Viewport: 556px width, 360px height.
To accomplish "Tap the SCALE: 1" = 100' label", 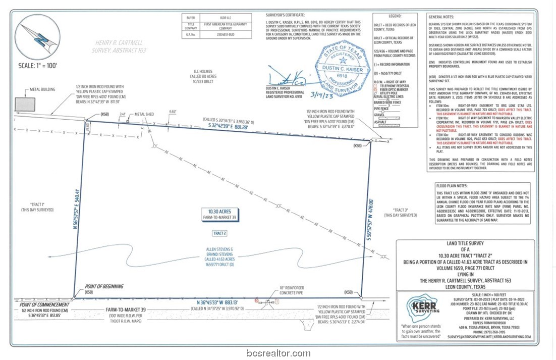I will point(37,66).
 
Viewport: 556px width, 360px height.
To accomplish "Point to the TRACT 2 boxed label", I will point(219,233).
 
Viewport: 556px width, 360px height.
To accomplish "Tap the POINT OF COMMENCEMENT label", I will point(44,305).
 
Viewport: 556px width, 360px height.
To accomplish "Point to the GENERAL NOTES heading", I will point(441,17).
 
